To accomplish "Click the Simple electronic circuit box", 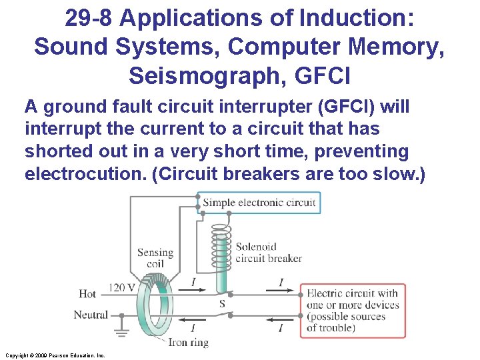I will (x=259, y=203).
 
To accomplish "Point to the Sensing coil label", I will (x=155, y=258).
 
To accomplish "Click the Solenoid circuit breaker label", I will (x=269, y=253).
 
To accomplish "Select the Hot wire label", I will (x=87, y=293).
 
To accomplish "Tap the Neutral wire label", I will (x=91, y=315).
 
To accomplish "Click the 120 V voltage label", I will (x=121, y=287).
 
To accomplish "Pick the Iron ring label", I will (x=188, y=343).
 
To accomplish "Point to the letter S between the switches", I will (x=222, y=304).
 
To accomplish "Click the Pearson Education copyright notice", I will (x=55, y=356).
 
